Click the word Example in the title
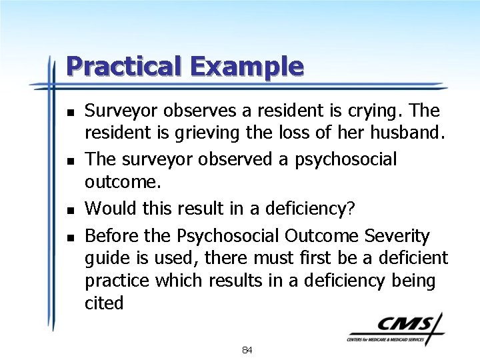[x=246, y=66]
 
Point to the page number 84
[x=247, y=350]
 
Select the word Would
[x=108, y=208]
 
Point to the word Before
[x=108, y=235]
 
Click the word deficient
[x=409, y=258]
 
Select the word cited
[x=104, y=303]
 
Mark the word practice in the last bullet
[x=117, y=281]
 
